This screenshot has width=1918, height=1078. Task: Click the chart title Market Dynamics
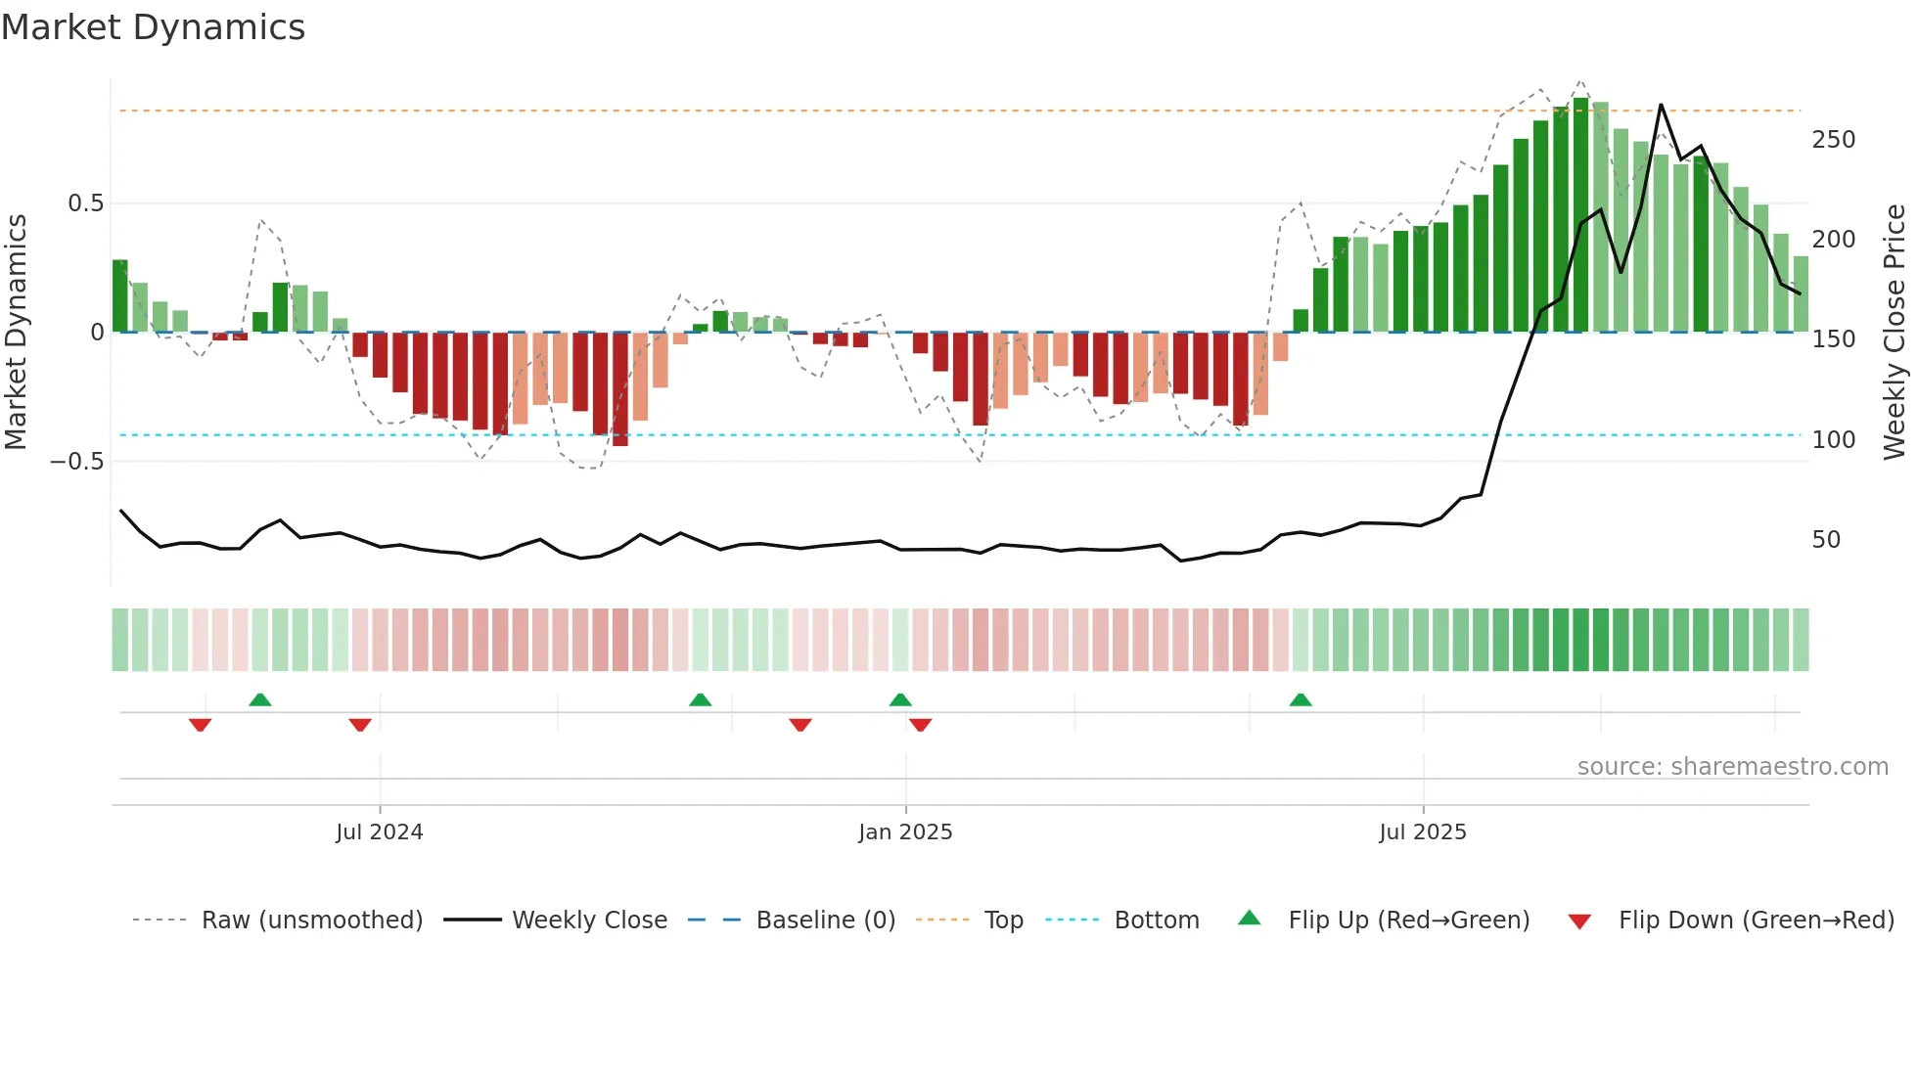tap(153, 27)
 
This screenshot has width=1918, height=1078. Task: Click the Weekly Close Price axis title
tap(1895, 332)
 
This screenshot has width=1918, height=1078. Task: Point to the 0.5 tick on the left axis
tap(85, 203)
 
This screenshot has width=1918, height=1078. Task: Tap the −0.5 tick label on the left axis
tap(77, 462)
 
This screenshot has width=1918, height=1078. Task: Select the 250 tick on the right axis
tap(1833, 140)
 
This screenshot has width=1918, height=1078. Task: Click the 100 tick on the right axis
tap(1833, 440)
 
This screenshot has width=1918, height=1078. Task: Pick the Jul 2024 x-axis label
tap(379, 832)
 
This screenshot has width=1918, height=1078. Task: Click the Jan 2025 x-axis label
tap(905, 832)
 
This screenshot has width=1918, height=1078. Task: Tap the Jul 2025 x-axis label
tap(1422, 832)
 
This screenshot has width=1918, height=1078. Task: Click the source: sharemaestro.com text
tap(1732, 767)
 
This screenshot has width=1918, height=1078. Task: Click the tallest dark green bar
tap(1580, 215)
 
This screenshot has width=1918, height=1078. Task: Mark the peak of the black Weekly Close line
tap(1661, 105)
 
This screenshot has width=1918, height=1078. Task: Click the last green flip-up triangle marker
tap(1301, 699)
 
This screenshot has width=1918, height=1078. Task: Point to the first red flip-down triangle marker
tap(200, 725)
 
